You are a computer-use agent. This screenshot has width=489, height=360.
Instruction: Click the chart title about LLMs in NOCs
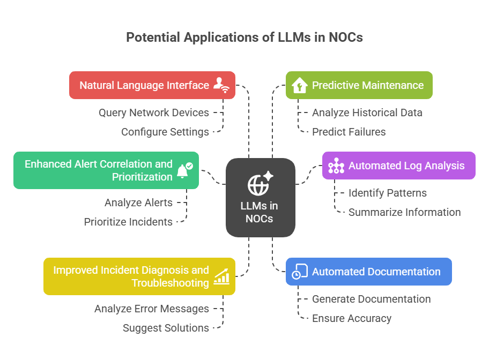pyautogui.click(x=244, y=37)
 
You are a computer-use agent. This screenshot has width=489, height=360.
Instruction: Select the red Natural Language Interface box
pyautogui.click(x=152, y=85)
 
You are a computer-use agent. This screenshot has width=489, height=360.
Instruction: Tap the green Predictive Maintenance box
pyautogui.click(x=359, y=85)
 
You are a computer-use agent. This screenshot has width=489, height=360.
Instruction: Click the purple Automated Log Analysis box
pyautogui.click(x=398, y=166)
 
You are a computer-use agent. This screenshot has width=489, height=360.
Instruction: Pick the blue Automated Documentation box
pyautogui.click(x=368, y=272)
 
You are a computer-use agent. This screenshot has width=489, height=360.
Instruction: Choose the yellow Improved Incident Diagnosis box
pyautogui.click(x=139, y=276)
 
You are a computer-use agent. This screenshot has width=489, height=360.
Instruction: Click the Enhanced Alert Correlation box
pyautogui.click(x=106, y=170)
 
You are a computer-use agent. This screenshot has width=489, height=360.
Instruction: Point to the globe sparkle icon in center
pyautogui.click(x=260, y=184)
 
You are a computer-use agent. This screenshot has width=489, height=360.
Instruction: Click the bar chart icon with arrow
pyautogui.click(x=222, y=276)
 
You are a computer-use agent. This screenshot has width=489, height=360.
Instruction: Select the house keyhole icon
pyautogui.click(x=299, y=85)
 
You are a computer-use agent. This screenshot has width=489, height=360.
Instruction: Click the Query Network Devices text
pyautogui.click(x=153, y=112)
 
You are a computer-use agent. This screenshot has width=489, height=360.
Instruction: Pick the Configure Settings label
pyautogui.click(x=165, y=132)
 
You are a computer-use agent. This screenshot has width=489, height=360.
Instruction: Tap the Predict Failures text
pyautogui.click(x=349, y=132)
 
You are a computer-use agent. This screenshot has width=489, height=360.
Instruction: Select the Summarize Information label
pyautogui.click(x=404, y=212)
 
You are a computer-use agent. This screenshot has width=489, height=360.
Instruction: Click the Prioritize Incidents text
pyautogui.click(x=128, y=222)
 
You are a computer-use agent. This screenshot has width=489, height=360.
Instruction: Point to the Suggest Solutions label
pyautogui.click(x=166, y=328)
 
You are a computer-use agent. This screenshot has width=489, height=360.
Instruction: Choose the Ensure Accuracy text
pyautogui.click(x=351, y=318)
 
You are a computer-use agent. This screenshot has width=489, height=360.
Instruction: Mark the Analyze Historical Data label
pyautogui.click(x=367, y=112)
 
